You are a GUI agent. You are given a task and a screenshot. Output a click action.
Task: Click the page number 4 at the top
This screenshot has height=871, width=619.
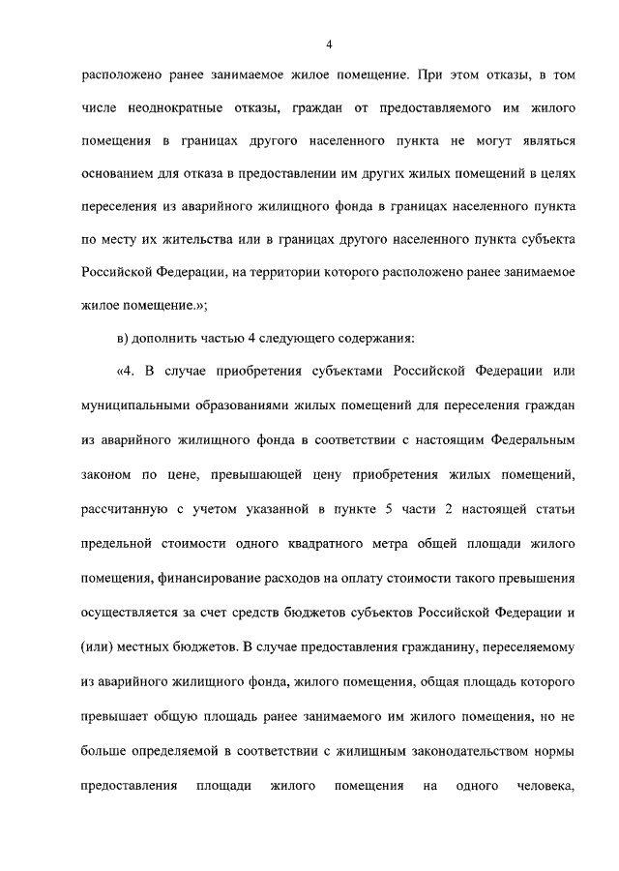[330, 44]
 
